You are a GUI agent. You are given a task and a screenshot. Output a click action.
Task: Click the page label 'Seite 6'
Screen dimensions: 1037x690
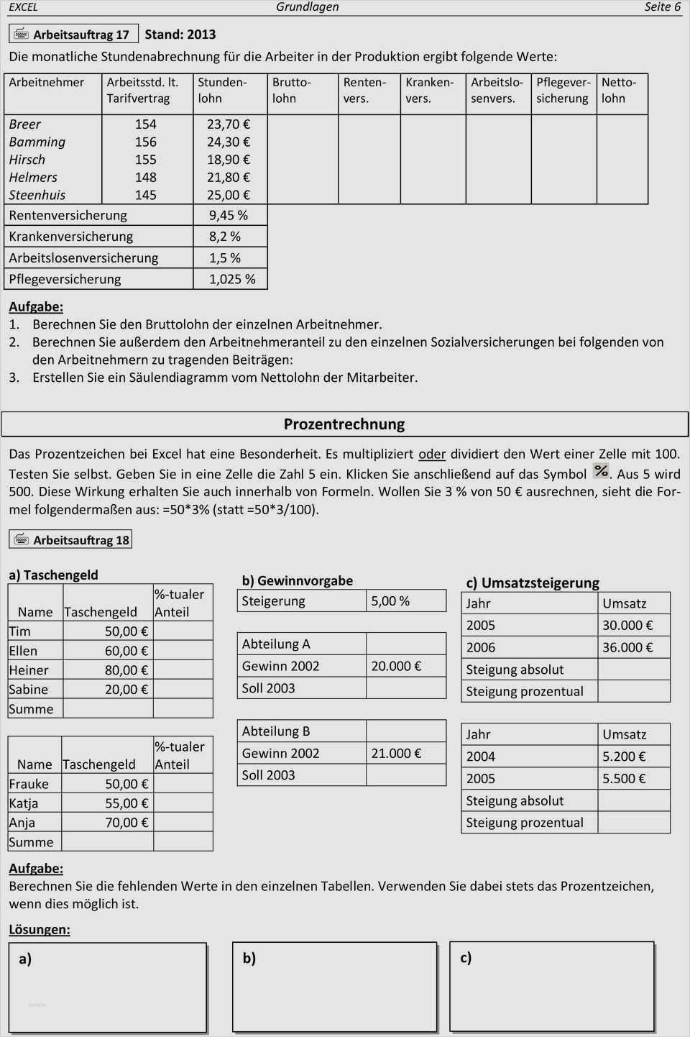point(661,7)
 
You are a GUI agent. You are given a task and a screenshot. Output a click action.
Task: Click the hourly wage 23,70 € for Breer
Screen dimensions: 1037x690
point(229,124)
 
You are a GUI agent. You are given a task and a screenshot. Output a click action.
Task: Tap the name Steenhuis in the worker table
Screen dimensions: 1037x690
point(37,195)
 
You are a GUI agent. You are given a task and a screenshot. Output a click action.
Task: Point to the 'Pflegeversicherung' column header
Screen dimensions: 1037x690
point(563,91)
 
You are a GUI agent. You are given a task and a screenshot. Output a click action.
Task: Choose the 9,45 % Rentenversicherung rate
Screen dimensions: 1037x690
point(229,215)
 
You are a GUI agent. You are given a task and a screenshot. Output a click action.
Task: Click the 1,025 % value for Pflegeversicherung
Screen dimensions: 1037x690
point(232,279)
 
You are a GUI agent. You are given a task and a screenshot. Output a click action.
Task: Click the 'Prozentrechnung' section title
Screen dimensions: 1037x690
point(344,424)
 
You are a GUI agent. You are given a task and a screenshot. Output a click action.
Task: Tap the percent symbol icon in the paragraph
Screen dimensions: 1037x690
point(601,471)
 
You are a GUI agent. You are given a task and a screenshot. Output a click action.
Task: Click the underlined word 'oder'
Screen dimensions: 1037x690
point(432,454)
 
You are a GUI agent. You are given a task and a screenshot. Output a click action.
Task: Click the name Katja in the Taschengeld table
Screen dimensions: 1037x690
point(23,803)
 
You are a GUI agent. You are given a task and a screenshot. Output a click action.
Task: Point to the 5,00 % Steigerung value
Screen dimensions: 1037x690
point(390,601)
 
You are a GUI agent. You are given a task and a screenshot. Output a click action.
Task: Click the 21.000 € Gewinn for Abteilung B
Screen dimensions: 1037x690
point(396,754)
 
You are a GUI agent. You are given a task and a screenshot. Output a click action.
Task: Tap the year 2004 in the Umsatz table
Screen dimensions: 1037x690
point(481,757)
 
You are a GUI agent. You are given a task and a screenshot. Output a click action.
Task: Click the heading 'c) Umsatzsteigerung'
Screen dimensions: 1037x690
point(533,583)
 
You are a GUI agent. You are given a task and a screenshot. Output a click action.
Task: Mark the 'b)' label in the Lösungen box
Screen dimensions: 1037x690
point(249,959)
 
